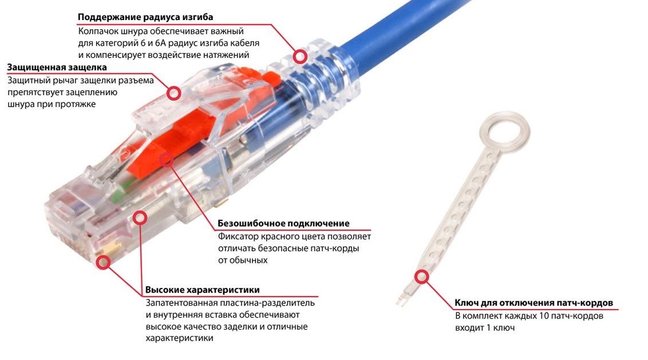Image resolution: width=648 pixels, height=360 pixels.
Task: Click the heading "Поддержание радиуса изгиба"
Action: [145, 17]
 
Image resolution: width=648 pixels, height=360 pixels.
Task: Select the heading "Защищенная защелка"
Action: [57, 67]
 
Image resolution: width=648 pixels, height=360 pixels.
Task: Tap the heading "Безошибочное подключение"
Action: [283, 223]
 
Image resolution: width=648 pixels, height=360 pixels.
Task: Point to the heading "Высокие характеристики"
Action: [203, 290]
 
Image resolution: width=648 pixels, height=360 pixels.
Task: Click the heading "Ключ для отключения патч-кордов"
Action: [534, 303]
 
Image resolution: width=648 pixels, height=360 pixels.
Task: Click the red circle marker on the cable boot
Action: [301, 56]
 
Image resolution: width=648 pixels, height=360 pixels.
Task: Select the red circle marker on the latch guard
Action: [174, 93]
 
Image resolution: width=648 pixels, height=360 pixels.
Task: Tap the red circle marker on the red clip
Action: [167, 160]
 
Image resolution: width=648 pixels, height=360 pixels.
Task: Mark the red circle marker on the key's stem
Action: [422, 276]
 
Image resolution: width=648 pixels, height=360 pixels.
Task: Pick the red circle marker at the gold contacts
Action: [103, 262]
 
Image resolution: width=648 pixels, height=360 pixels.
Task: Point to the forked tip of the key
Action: [401, 300]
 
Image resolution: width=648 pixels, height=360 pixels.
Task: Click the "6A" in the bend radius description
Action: [161, 43]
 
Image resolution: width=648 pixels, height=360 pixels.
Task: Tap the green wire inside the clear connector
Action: [119, 190]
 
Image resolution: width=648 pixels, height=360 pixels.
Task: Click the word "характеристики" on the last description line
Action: [179, 338]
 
